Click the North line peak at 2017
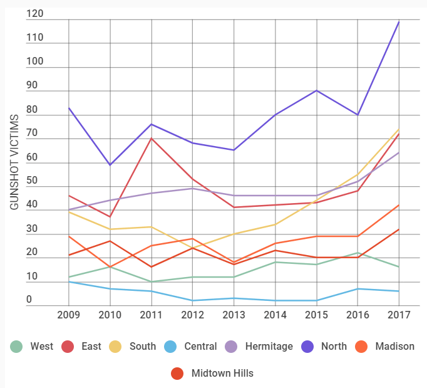click(399, 22)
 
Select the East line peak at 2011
click(152, 138)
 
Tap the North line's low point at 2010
click(110, 165)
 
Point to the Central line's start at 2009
click(69, 281)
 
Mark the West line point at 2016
click(358, 253)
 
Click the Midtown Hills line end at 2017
click(399, 229)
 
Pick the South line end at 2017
click(399, 129)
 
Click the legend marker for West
click(17, 346)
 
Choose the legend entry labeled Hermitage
click(269, 346)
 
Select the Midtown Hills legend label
click(222, 373)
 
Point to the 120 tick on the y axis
click(35, 14)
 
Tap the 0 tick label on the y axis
click(29, 300)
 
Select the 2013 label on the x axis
click(234, 315)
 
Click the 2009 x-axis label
click(69, 315)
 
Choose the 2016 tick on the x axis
click(358, 315)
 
